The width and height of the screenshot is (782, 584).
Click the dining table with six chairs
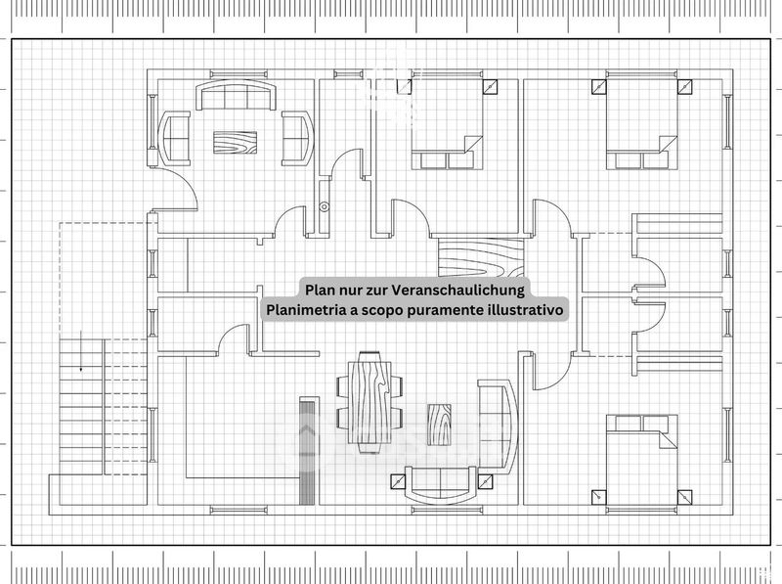pyautogui.click(x=369, y=402)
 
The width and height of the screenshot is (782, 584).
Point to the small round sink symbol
pyautogui.click(x=325, y=206)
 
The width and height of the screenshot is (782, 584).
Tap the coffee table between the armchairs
pyautogui.click(x=235, y=142)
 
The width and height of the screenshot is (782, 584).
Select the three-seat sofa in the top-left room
pyautogui.click(x=236, y=95)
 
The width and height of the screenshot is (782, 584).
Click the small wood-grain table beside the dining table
pyautogui.click(x=439, y=425)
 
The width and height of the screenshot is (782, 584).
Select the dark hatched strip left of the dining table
pyautogui.click(x=309, y=450)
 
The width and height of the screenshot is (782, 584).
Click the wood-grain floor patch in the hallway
pyautogui.click(x=481, y=257)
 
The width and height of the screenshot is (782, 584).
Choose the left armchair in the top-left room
pyautogui.click(x=174, y=138)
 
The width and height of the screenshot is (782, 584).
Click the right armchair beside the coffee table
pyautogui.click(x=298, y=138)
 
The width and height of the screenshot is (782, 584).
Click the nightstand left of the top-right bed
pyautogui.click(x=599, y=87)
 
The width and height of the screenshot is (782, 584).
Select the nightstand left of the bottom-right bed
pyautogui.click(x=599, y=497)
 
